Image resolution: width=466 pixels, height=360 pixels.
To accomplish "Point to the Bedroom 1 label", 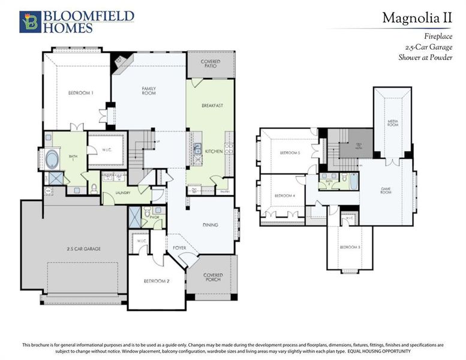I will (80, 92).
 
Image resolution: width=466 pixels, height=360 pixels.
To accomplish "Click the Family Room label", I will (149, 91).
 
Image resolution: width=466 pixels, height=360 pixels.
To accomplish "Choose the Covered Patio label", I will (211, 64).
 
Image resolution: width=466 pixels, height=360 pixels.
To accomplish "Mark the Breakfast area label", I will (212, 106).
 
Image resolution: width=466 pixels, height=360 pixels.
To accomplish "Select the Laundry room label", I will (124, 193).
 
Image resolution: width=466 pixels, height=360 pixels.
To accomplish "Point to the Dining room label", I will (210, 225).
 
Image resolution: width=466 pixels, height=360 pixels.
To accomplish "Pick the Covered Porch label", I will (212, 278).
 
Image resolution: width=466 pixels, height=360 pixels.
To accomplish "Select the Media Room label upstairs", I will (393, 122).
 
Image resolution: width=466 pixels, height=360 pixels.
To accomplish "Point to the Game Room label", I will (386, 191).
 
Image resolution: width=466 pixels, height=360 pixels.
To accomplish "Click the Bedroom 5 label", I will (290, 153).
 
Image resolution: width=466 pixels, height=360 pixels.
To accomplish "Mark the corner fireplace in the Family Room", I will (122, 60).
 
